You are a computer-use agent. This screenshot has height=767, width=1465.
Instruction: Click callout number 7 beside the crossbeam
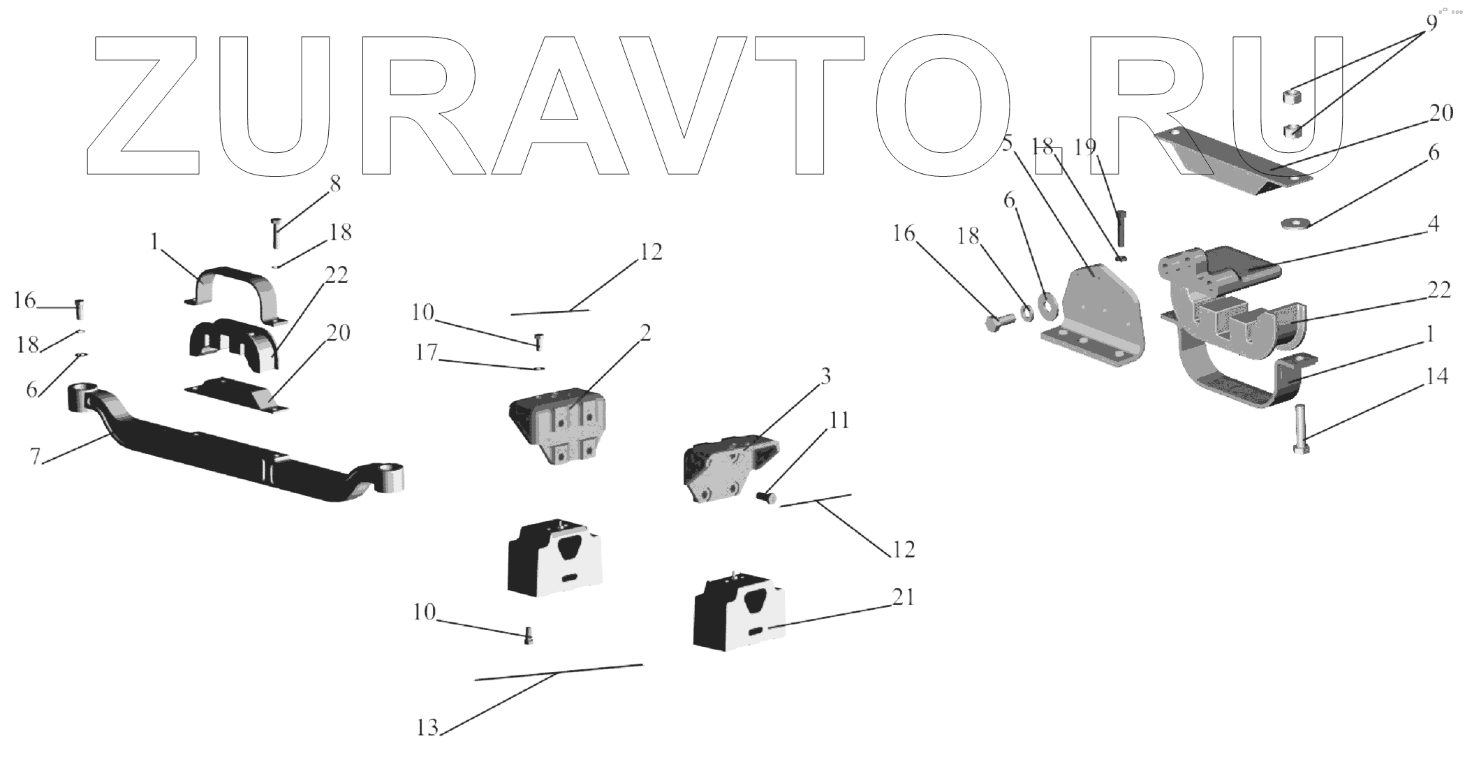[34, 455]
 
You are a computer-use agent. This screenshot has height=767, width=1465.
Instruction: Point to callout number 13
[427, 728]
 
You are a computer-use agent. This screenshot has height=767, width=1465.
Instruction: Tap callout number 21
[903, 598]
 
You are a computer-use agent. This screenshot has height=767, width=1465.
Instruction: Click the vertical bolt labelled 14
[1301, 428]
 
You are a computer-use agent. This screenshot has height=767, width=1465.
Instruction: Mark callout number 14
[1436, 378]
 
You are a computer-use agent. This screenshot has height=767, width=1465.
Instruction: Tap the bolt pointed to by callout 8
[275, 233]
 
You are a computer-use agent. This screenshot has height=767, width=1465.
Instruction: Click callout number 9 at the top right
[1431, 22]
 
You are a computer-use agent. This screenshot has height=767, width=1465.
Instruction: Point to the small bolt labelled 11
[766, 498]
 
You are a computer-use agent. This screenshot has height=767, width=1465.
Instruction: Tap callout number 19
[1085, 147]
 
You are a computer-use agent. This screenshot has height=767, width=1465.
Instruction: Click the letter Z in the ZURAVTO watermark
[143, 105]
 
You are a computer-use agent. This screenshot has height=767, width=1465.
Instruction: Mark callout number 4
[1433, 225]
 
